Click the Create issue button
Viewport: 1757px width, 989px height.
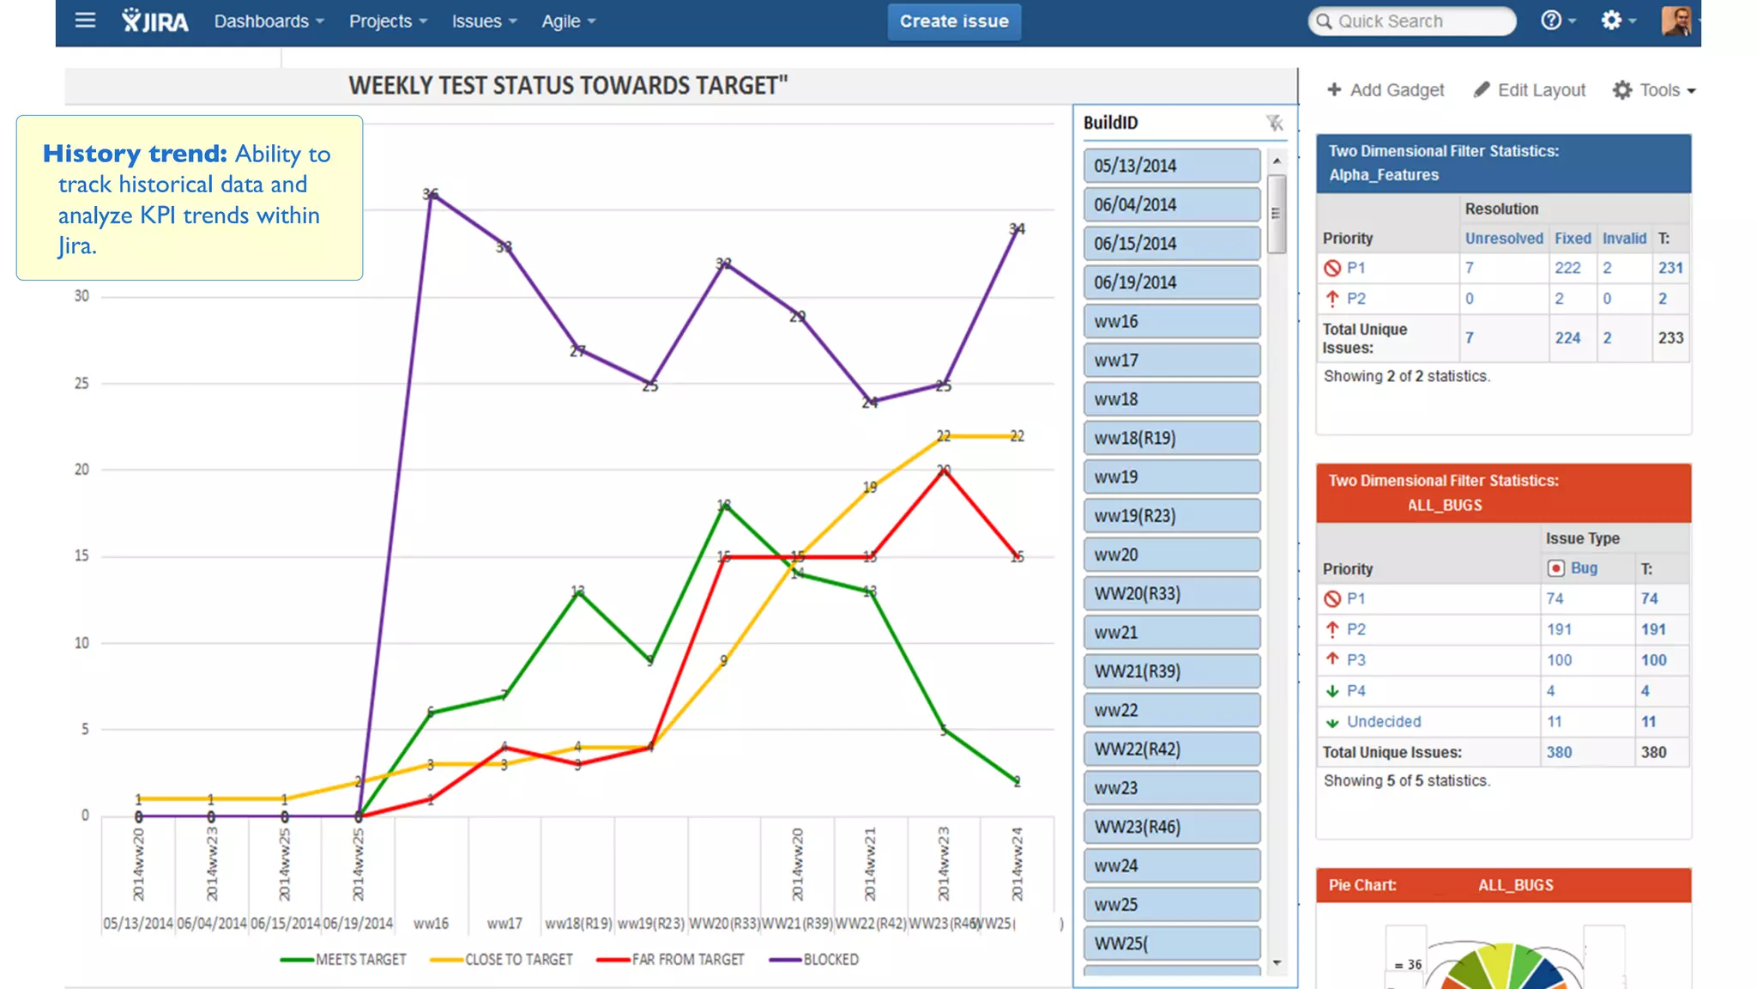(x=953, y=21)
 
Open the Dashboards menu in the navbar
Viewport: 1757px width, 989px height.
(x=269, y=21)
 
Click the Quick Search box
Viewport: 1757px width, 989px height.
(x=1411, y=21)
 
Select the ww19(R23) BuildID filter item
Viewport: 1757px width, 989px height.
(x=1171, y=516)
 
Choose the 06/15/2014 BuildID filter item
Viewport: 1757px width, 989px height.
(x=1171, y=244)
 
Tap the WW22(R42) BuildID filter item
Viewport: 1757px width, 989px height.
(x=1171, y=749)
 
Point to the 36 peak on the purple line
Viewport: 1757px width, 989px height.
(x=431, y=195)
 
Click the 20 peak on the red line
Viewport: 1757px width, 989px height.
(x=944, y=470)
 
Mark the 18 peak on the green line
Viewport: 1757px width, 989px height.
(x=724, y=506)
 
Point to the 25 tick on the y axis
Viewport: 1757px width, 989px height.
(x=82, y=383)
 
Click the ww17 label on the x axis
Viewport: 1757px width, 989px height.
(x=504, y=924)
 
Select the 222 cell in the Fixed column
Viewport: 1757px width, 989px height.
(x=1567, y=268)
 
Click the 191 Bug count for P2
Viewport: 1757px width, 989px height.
(x=1559, y=629)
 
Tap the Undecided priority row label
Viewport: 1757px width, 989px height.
(x=1383, y=722)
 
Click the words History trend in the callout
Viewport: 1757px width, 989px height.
(x=135, y=154)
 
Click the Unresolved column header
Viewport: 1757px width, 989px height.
(x=1503, y=239)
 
